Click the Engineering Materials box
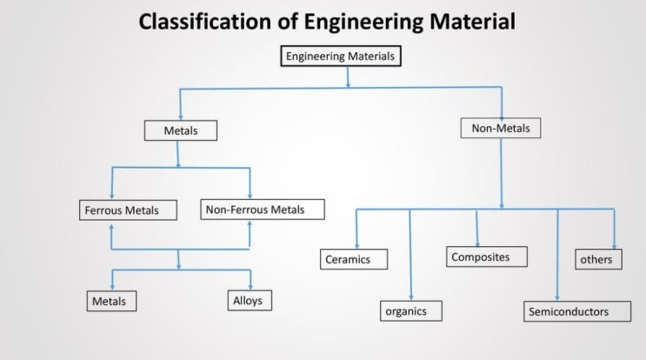(341, 57)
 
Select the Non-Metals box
(500, 128)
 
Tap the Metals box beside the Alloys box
(116, 302)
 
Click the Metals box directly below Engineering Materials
(181, 130)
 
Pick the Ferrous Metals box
(128, 210)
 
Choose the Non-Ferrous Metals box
(263, 209)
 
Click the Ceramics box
(355, 258)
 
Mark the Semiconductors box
(568, 310)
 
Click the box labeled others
(598, 259)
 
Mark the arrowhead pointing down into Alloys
(251, 287)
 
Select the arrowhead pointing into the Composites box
(477, 243)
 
